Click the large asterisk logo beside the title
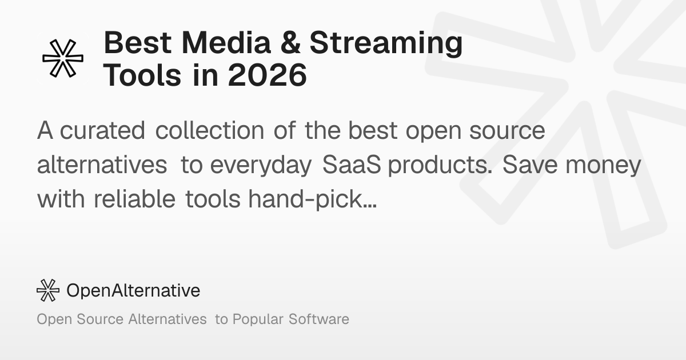(63, 58)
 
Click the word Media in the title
(226, 43)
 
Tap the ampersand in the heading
(290, 43)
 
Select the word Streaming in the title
(386, 45)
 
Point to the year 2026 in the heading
(268, 75)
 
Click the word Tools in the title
(142, 75)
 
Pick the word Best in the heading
(138, 43)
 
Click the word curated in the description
(102, 131)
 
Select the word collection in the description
(210, 130)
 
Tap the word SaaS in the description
(352, 165)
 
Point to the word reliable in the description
(134, 199)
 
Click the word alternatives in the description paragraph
(102, 165)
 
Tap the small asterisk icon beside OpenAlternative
(48, 290)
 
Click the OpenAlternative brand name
(133, 290)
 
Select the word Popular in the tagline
(258, 320)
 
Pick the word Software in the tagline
(319, 319)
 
